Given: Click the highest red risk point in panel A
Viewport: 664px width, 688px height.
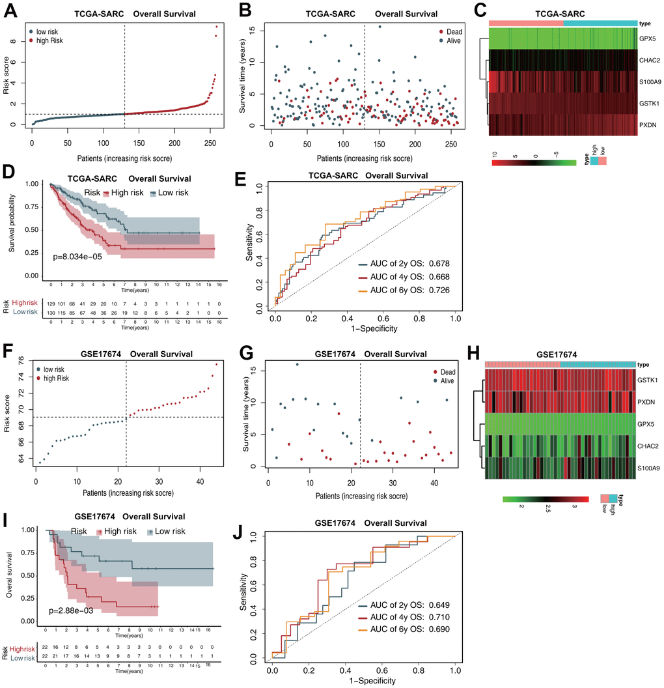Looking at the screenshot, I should tap(217, 27).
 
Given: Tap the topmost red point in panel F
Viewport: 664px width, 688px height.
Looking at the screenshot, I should tap(216, 364).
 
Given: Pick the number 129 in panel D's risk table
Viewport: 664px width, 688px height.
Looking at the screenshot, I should tap(51, 304).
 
